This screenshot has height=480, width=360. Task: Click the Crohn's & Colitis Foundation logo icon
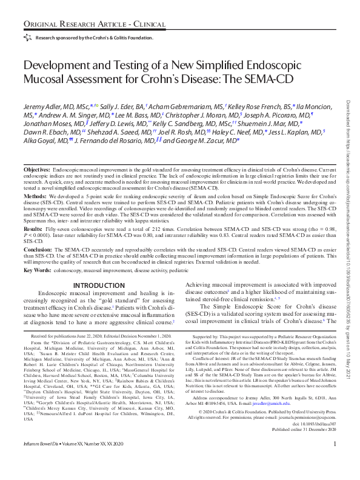[x=27, y=37]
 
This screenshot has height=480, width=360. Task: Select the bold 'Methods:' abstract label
[x=34, y=198]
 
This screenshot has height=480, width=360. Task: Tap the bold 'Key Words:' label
[x=37, y=270]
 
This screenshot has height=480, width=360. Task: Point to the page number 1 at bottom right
[x=335, y=462]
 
